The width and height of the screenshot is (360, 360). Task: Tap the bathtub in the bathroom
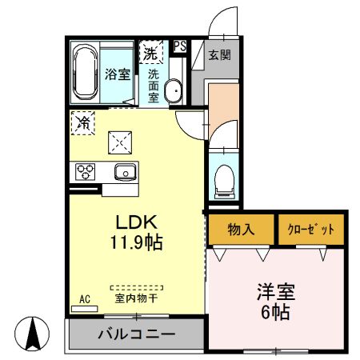coord(86,73)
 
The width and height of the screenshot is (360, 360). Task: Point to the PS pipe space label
coord(180,46)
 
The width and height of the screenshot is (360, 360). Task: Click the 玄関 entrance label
coord(219,56)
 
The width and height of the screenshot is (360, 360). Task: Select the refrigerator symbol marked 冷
coord(83,122)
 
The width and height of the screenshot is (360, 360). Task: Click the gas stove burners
coord(86,172)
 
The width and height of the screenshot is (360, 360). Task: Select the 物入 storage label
coord(241,230)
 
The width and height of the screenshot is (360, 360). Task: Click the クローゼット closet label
coord(311,230)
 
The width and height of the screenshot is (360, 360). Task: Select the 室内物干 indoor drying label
coord(136,298)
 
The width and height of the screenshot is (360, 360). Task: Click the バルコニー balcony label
coord(136,334)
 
